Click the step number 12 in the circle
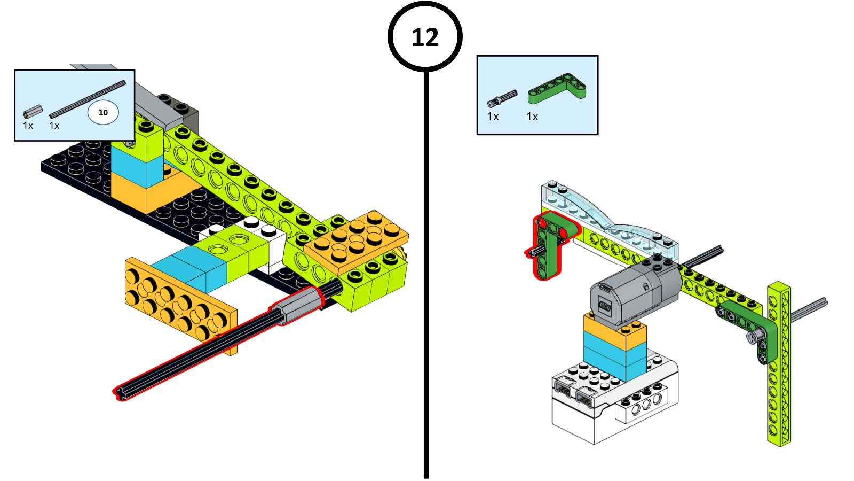point(425,37)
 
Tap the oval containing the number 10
point(103,112)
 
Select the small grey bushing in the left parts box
point(33,111)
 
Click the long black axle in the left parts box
point(88,99)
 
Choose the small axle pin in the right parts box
point(502,98)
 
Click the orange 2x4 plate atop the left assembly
point(357,241)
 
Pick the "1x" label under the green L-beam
point(532,117)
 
